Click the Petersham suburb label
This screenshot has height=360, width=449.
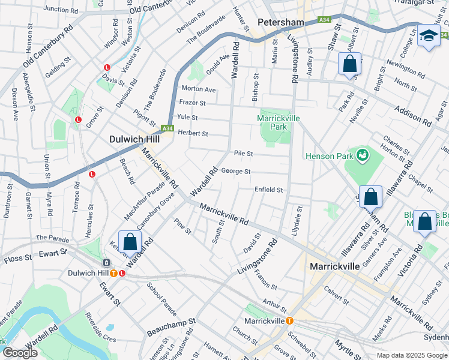tap(281, 22)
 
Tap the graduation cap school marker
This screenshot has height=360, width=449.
tap(429, 37)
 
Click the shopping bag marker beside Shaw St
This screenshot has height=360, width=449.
tap(349, 64)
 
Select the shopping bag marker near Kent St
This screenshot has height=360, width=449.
tap(130, 242)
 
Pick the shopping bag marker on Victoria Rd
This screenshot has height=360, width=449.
tap(424, 221)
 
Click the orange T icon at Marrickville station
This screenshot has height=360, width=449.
tap(290, 321)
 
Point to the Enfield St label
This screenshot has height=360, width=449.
tap(268, 190)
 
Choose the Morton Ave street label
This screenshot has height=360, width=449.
tap(198, 89)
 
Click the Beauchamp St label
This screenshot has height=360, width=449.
tap(174, 323)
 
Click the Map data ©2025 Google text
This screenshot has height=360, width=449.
tap(411, 355)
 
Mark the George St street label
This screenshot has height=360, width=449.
tap(235, 172)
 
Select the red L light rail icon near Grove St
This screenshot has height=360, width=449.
tap(78, 119)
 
